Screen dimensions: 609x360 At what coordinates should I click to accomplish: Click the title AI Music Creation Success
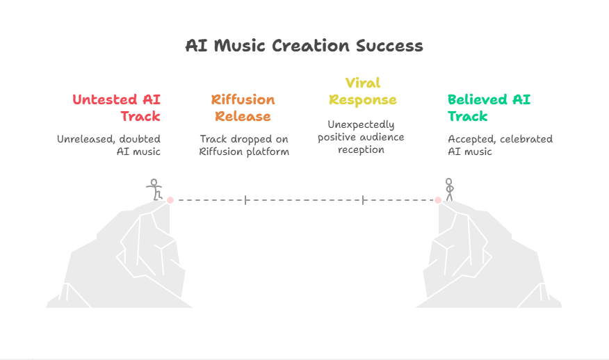point(304,46)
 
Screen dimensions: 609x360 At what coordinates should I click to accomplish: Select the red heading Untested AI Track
point(117,108)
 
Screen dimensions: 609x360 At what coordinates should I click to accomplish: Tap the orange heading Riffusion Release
point(243,108)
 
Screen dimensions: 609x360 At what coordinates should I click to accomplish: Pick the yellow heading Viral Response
point(363,91)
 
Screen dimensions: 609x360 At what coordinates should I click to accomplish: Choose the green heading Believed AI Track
point(489,108)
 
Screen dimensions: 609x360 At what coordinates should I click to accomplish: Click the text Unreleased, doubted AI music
point(108,145)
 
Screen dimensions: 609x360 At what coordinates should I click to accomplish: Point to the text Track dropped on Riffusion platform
point(244,145)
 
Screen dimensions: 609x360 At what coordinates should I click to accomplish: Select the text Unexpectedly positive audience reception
point(361,137)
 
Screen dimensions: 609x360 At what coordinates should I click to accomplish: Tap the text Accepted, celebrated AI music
point(501,145)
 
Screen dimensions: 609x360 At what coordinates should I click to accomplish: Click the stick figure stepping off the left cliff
point(154,190)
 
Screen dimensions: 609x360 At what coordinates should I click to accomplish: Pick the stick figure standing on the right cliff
point(449,190)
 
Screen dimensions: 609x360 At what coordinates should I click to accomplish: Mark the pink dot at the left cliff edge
point(170,200)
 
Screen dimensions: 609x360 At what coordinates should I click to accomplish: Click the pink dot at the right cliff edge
point(438,200)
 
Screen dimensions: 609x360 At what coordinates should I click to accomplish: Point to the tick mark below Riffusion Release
point(246,200)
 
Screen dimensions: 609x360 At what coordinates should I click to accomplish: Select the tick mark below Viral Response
point(363,200)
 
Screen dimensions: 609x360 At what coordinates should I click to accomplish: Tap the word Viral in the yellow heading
point(363,83)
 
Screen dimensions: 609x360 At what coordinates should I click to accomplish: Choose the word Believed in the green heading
point(478,99)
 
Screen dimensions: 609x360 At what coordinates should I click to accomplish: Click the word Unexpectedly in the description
point(361,124)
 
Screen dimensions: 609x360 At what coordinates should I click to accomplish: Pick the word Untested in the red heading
point(105,99)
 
